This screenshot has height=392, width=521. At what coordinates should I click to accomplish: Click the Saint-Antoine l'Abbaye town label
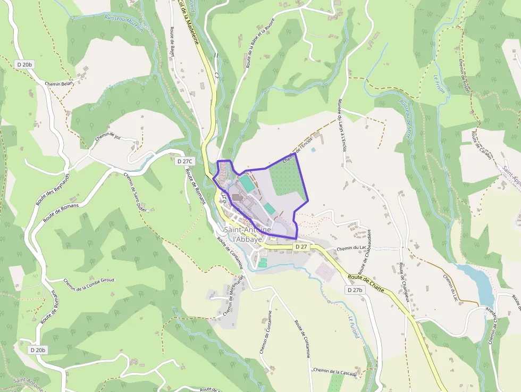[x=248, y=234]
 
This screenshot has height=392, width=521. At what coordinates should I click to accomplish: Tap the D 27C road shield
[x=185, y=161]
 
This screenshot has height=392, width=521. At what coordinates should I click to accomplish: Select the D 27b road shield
[x=355, y=290]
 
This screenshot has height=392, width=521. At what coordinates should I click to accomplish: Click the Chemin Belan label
[x=59, y=84]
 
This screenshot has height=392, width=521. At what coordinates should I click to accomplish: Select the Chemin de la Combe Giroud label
[x=89, y=284]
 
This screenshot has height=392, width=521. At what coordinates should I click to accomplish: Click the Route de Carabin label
[x=481, y=143]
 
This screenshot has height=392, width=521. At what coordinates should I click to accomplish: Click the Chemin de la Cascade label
[x=334, y=371]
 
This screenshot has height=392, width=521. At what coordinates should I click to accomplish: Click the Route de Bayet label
[x=172, y=42]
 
